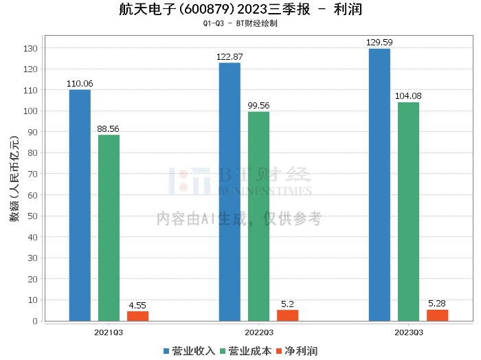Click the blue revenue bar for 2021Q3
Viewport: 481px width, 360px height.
point(80,205)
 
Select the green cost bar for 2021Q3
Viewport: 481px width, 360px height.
point(109,227)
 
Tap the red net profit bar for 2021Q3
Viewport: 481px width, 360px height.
point(137,316)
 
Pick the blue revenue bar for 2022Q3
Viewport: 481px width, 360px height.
point(230,192)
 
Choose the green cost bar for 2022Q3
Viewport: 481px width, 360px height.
point(258,216)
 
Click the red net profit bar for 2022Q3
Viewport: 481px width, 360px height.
point(287,315)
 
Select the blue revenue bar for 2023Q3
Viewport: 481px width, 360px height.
point(379,185)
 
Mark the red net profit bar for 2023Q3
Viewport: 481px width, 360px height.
point(437,315)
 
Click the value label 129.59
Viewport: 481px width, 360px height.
point(379,43)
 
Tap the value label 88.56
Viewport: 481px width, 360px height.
point(109,128)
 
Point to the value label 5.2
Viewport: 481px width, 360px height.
point(287,304)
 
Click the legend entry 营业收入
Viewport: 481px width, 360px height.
point(190,350)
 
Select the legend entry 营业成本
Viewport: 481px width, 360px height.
point(246,350)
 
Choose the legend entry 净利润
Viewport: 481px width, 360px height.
point(295,350)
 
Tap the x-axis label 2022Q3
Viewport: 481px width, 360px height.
point(258,332)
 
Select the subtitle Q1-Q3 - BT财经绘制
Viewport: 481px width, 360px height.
point(240,23)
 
